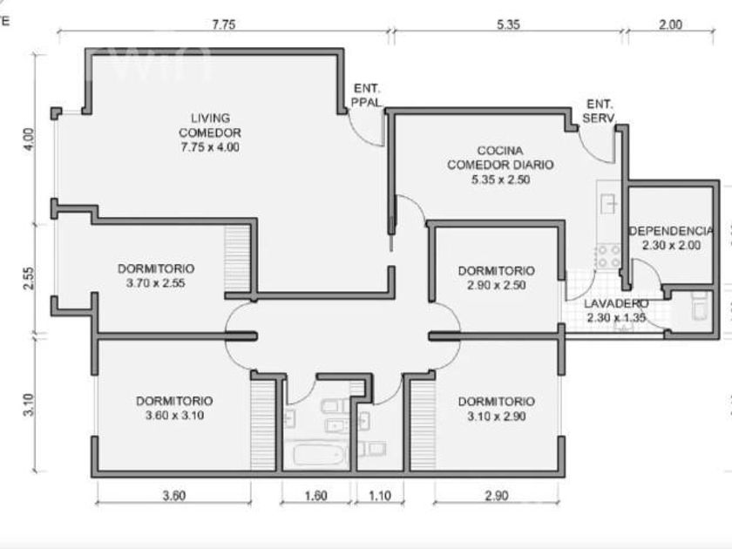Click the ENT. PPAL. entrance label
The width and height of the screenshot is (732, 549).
(x=367, y=95)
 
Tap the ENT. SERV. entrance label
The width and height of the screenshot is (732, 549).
(x=600, y=112)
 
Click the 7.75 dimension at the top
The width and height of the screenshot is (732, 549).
(x=224, y=24)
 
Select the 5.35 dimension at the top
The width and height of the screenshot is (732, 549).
(x=508, y=24)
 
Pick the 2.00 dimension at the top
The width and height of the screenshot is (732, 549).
(x=670, y=24)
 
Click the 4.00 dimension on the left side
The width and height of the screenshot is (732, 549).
(x=29, y=139)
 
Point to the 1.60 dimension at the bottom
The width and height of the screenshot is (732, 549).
(x=315, y=495)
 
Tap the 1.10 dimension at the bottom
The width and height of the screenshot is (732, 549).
(x=380, y=495)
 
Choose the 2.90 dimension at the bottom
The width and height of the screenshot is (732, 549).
(x=496, y=495)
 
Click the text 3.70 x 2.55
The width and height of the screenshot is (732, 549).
(x=155, y=283)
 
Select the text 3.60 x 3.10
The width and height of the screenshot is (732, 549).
(x=174, y=415)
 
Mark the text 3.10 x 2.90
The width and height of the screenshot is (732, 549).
(x=497, y=416)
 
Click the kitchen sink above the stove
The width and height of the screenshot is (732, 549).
(x=609, y=204)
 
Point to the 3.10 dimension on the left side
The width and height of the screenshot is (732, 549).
(x=29, y=404)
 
